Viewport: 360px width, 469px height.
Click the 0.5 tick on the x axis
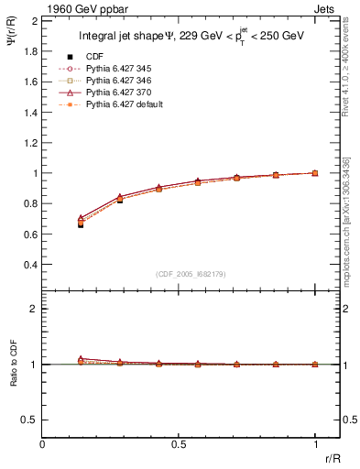pos(179,444)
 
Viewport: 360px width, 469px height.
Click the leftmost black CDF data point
pos(81,224)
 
